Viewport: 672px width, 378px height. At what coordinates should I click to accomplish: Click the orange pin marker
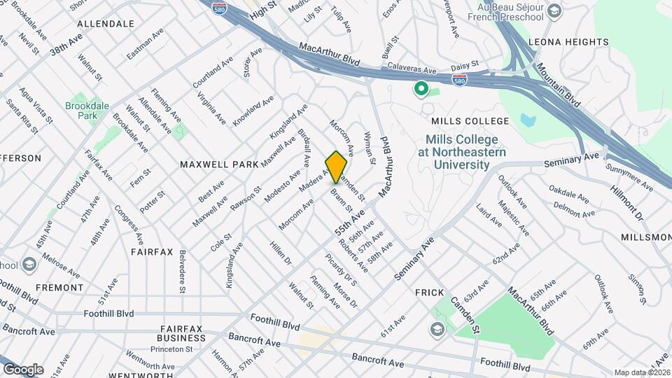point(337,167)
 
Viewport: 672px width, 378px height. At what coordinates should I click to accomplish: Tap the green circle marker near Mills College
point(421,89)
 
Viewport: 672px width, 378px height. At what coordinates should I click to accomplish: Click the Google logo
point(22,370)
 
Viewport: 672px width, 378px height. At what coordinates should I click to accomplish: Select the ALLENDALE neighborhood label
point(106,24)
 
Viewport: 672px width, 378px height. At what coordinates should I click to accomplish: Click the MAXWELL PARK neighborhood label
point(219,164)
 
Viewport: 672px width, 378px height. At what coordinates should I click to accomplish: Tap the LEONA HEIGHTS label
point(568,42)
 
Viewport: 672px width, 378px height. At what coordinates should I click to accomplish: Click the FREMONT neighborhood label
point(59,288)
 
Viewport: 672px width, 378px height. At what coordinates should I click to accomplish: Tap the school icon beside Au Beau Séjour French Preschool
point(554,12)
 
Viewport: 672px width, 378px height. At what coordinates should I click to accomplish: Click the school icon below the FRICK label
point(437,329)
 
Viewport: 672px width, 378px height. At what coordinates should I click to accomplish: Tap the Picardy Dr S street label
point(341,269)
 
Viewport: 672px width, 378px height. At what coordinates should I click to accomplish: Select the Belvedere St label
point(182,271)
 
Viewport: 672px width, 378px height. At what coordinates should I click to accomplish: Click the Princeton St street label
point(164,348)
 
